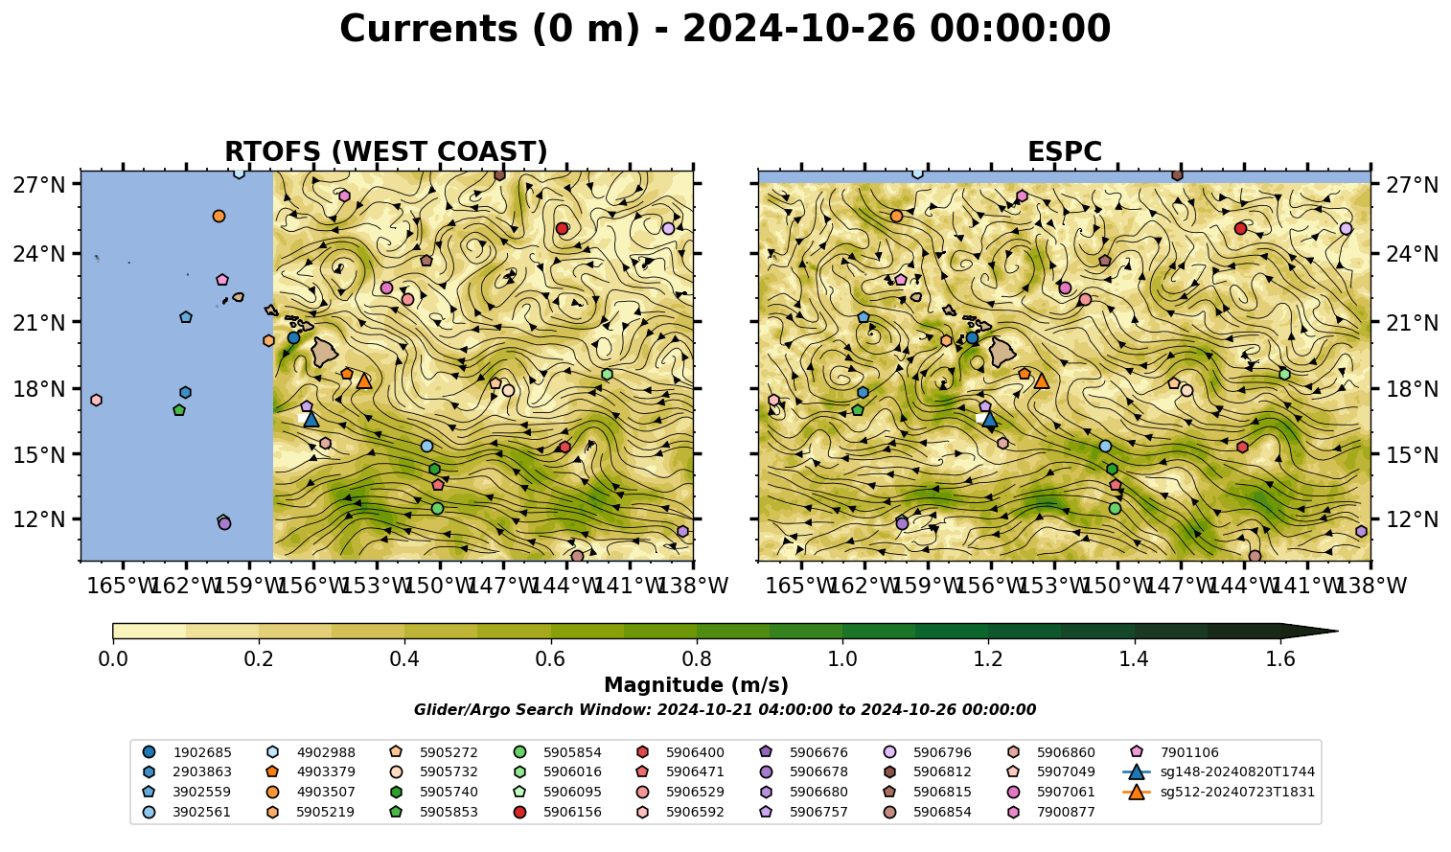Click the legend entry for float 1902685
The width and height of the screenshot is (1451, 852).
pos(187,752)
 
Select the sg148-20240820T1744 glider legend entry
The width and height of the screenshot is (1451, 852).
pos(1218,771)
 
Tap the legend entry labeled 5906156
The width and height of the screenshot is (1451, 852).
pos(558,812)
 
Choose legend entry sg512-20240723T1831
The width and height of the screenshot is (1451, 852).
pos(1218,792)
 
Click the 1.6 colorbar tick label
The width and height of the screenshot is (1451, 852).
pos(1280,658)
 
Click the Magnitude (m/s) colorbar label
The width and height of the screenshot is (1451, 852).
pos(697,685)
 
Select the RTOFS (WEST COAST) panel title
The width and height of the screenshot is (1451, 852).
pos(386,151)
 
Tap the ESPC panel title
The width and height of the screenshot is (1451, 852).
pos(1064,151)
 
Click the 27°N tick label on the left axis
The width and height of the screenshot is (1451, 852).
pos(39,185)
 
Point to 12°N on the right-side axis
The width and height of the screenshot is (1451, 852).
pos(1412,519)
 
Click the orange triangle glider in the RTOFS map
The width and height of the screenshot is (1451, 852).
pos(364,381)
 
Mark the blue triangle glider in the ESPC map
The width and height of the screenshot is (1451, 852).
pos(989,419)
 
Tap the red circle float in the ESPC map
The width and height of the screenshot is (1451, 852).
pos(1240,228)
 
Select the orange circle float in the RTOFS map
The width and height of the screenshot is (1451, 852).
pos(219,216)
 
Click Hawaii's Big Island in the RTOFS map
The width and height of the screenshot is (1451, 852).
pos(325,352)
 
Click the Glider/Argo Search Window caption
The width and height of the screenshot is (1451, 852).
pos(725,709)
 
